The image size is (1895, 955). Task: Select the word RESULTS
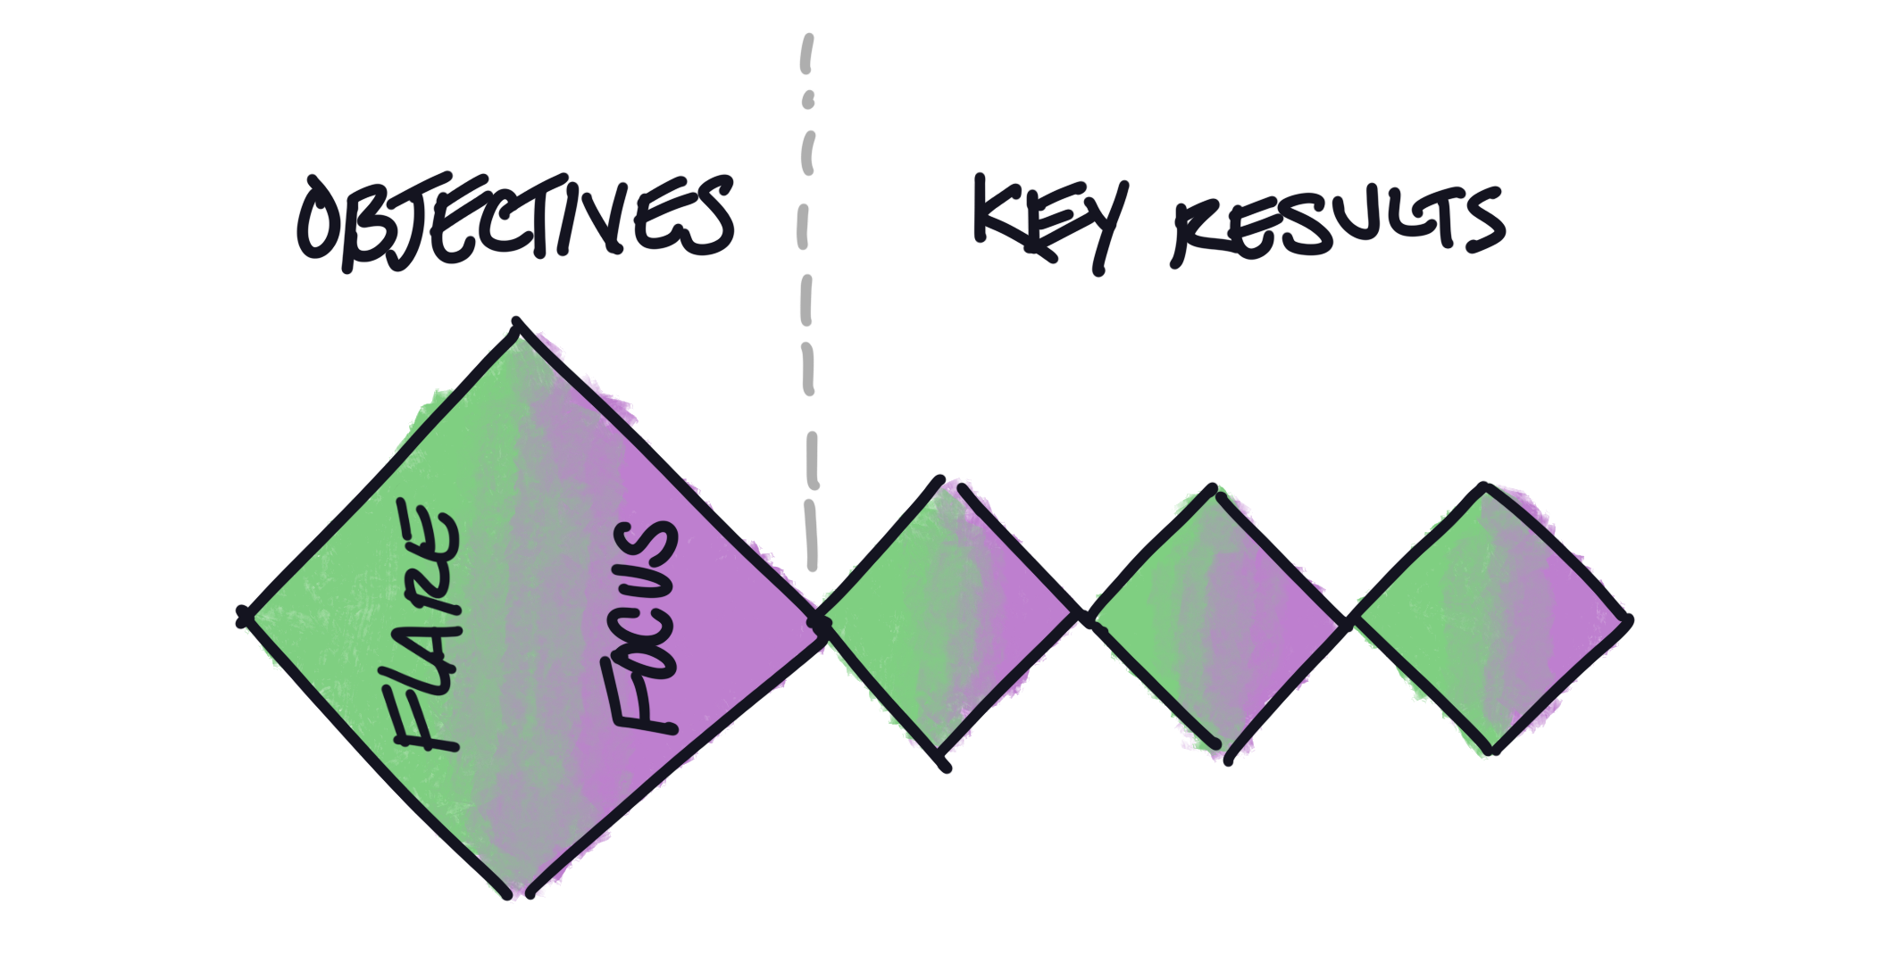coord(1336,228)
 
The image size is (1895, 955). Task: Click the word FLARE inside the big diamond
coord(427,634)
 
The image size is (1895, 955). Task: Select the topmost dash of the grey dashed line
coord(808,49)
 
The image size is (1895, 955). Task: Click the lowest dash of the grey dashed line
coord(812,544)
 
